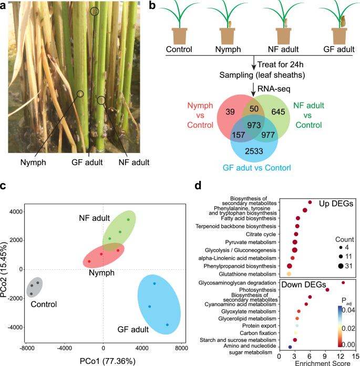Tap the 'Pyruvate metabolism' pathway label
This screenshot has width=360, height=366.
248,242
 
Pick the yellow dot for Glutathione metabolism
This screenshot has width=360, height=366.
289,274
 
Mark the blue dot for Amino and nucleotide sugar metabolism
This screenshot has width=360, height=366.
290,347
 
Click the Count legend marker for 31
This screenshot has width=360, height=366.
332,266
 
